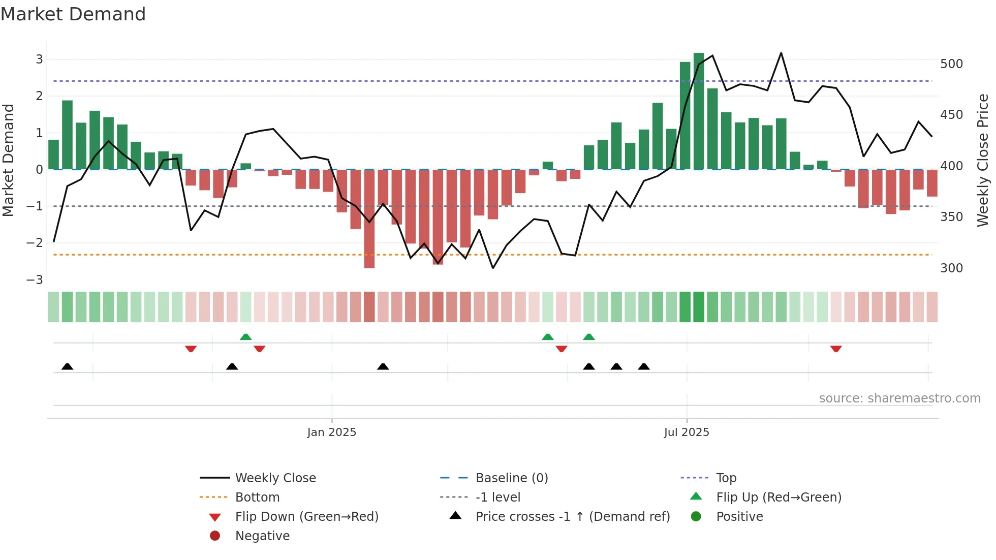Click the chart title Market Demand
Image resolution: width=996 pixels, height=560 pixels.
tap(73, 14)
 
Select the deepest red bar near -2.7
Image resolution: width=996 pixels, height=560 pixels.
tap(369, 219)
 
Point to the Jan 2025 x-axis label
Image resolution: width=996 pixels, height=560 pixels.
tap(332, 432)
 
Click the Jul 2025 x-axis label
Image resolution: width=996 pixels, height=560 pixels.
tap(687, 432)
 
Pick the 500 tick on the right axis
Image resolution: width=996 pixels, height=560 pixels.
tap(951, 64)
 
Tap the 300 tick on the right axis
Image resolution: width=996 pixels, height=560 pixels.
tap(951, 268)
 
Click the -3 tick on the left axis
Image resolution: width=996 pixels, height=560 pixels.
tap(35, 280)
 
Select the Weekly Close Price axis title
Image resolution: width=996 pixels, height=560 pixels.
tap(983, 160)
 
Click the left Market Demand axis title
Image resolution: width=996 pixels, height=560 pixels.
tap(8, 160)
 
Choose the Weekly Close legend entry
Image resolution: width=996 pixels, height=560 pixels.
tap(275, 478)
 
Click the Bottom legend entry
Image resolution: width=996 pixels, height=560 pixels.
tap(257, 497)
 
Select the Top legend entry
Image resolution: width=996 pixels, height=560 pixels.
tap(726, 478)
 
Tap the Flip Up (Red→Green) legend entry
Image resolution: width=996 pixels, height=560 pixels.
tap(779, 497)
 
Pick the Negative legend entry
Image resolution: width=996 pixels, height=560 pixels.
tap(262, 536)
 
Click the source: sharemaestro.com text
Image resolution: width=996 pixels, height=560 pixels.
tap(899, 398)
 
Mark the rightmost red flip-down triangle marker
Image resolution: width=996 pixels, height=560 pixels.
tap(836, 349)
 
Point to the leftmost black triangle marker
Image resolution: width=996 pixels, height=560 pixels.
tap(67, 366)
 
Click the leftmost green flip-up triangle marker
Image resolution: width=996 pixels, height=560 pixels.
tap(245, 337)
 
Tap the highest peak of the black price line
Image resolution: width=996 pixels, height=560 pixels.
tap(781, 53)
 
